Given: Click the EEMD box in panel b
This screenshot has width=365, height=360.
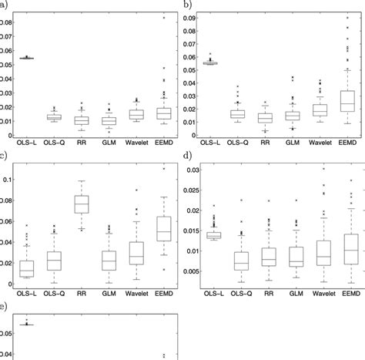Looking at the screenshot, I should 349,101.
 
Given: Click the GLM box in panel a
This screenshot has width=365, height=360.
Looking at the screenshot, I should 109,120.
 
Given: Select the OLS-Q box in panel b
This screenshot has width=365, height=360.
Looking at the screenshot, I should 237,114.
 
